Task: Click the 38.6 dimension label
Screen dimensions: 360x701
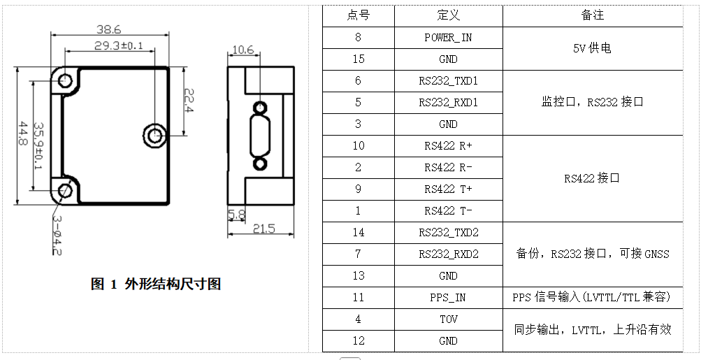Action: click(108, 29)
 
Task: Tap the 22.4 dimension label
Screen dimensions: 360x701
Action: click(189, 101)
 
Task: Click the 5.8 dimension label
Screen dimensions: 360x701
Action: click(236, 213)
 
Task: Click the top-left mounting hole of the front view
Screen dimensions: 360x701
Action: click(66, 80)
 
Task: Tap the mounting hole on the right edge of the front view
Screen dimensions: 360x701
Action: click(154, 134)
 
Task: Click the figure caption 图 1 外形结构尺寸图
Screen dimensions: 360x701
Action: click(156, 284)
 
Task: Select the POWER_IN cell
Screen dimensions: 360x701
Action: click(448, 38)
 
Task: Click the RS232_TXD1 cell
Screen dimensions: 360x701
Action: click(448, 81)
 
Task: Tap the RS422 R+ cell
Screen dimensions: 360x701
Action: click(448, 146)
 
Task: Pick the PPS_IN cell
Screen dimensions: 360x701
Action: click(448, 298)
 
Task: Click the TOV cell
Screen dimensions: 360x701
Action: click(448, 319)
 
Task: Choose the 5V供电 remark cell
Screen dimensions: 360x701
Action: click(592, 48)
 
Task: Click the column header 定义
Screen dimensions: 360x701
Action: click(448, 15)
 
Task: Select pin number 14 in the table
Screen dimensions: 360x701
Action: click(358, 233)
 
